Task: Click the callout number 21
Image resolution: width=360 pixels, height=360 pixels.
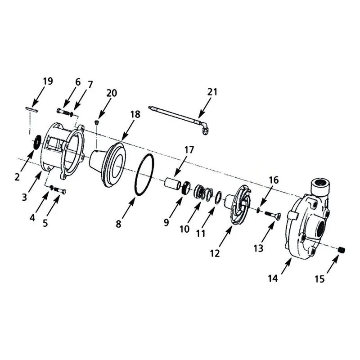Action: (x=212, y=92)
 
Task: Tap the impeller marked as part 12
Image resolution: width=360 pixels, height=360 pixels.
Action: (x=239, y=204)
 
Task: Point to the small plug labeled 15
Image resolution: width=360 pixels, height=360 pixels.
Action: (x=342, y=250)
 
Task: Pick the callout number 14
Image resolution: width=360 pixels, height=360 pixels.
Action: (x=273, y=279)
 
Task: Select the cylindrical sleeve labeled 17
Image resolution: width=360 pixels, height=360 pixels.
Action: (x=173, y=184)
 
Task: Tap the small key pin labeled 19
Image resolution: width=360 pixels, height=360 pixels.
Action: (x=31, y=109)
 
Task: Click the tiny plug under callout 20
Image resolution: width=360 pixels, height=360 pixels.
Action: (x=97, y=122)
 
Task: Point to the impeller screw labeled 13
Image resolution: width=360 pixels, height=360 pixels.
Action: (x=273, y=216)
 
